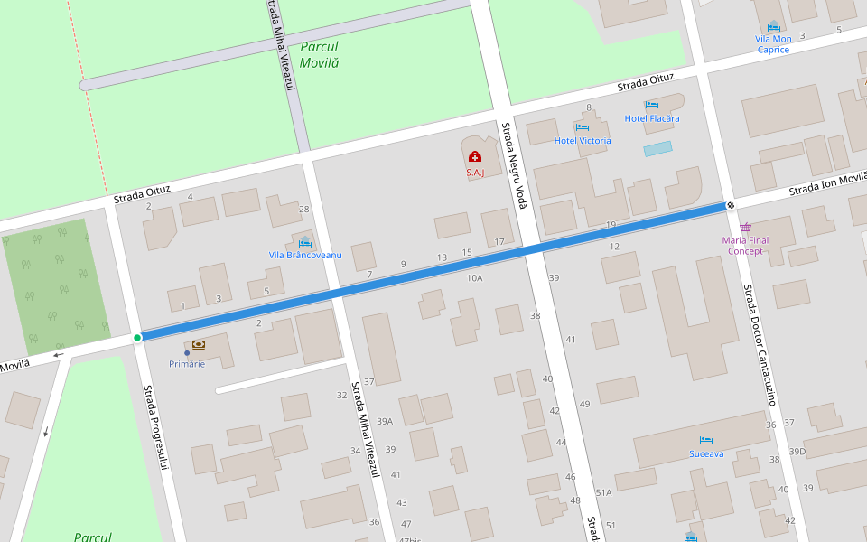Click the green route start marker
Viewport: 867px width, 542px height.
coord(137,338)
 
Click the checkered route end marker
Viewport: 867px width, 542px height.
coord(730,207)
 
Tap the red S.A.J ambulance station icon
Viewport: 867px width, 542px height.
coord(475,157)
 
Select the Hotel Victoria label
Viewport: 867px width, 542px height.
coord(582,141)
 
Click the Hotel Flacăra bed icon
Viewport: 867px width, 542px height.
coord(651,106)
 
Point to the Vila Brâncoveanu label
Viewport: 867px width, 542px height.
coord(305,255)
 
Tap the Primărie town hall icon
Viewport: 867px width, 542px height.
coord(198,345)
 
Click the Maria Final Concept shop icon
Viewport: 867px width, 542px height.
coord(745,228)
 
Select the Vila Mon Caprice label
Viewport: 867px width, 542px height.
coord(773,44)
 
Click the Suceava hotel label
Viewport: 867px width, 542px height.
coord(705,453)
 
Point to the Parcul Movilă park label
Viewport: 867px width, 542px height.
coord(320,55)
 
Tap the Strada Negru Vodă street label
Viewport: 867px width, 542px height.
coord(514,167)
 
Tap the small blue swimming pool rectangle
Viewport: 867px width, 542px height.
coord(657,147)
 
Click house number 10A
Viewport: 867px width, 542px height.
coord(474,278)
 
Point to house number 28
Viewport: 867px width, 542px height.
coord(304,210)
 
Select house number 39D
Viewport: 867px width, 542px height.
coord(797,452)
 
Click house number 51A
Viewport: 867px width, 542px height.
coord(603,492)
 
